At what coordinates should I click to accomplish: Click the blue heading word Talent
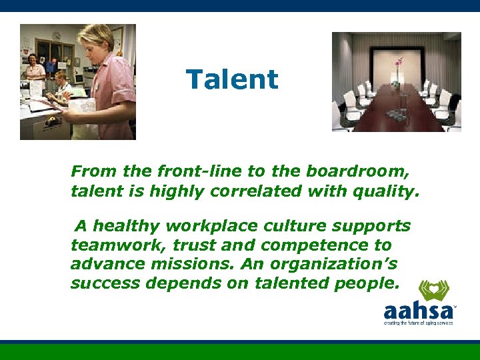pyautogui.click(x=232, y=79)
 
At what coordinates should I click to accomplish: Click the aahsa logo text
pyautogui.click(x=417, y=311)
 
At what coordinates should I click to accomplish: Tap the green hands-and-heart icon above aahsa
pyautogui.click(x=433, y=290)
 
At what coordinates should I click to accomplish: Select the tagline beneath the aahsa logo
pyautogui.click(x=418, y=323)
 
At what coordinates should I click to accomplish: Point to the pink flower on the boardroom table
pyautogui.click(x=399, y=63)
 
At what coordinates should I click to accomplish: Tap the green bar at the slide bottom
pyautogui.click(x=240, y=352)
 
